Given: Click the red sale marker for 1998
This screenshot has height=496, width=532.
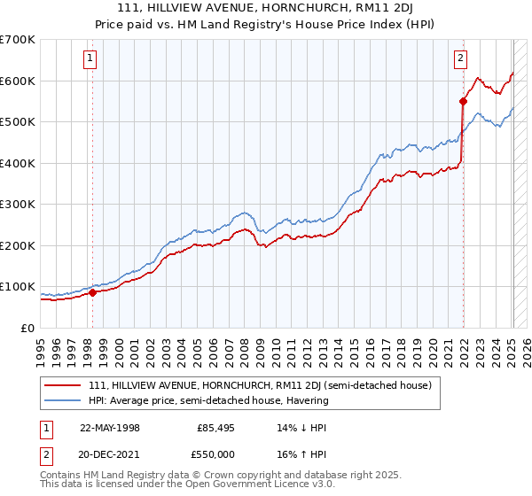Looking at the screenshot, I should (93, 292).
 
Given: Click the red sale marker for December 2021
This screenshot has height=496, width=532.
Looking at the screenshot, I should (463, 101).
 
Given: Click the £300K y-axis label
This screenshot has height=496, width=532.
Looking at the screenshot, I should (18, 205).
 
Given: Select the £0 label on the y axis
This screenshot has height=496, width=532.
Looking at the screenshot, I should (29, 328).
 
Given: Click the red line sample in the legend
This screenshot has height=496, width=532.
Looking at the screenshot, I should (63, 385).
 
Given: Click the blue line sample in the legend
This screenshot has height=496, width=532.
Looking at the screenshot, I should (63, 400).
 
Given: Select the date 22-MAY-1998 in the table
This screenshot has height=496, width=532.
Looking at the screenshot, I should (110, 428).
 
